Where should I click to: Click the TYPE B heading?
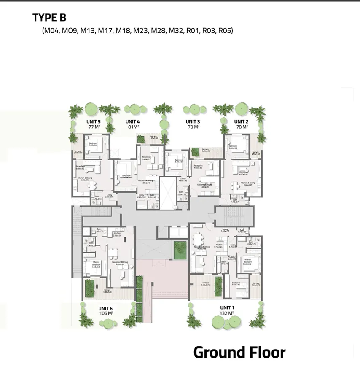tap(49, 18)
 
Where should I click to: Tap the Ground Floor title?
tap(239, 353)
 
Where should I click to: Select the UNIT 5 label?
tap(94, 122)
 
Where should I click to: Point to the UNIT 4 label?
tap(132, 122)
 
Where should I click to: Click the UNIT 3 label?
tap(193, 122)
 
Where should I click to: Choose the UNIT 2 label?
tap(241, 122)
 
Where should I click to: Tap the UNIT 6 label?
tap(105, 308)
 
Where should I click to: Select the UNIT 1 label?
tap(227, 308)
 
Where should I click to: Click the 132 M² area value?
tap(227, 313)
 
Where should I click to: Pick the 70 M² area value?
tap(193, 127)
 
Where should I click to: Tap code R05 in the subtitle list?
tap(226, 30)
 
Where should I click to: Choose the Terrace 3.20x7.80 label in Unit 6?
tap(107, 291)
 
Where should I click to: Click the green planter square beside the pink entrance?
tap(180, 250)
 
